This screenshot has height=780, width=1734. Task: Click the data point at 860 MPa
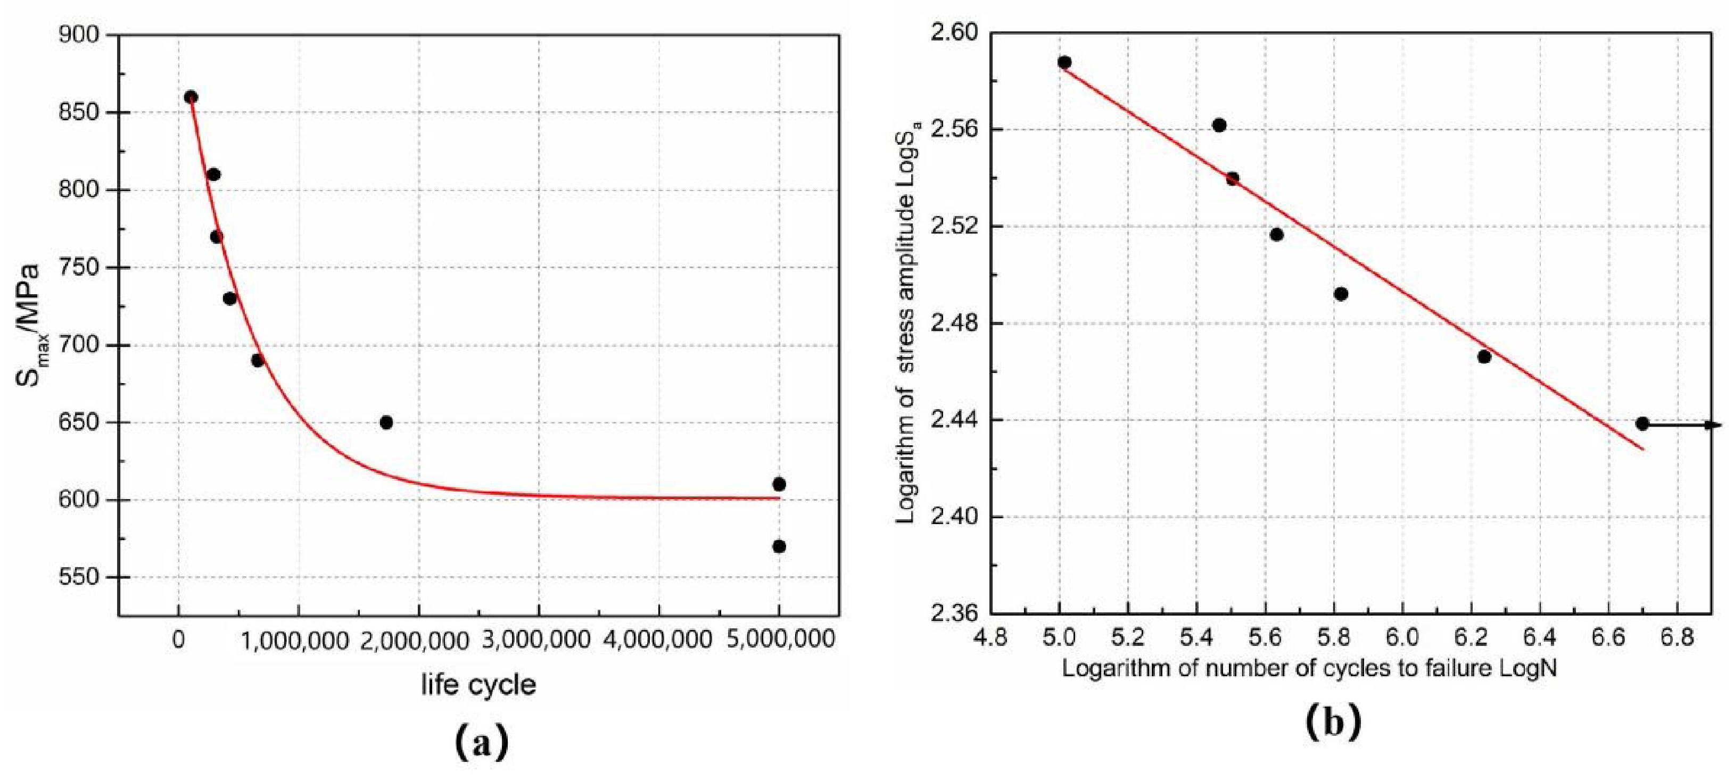tap(191, 97)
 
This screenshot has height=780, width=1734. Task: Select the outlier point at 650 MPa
tap(386, 422)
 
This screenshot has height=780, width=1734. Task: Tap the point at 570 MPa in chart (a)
tap(779, 546)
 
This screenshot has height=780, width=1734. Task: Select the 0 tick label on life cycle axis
tap(178, 640)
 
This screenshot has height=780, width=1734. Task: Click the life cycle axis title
tap(478, 685)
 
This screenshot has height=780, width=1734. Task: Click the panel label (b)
tap(1333, 722)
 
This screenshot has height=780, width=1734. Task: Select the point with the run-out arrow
tap(1642, 424)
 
